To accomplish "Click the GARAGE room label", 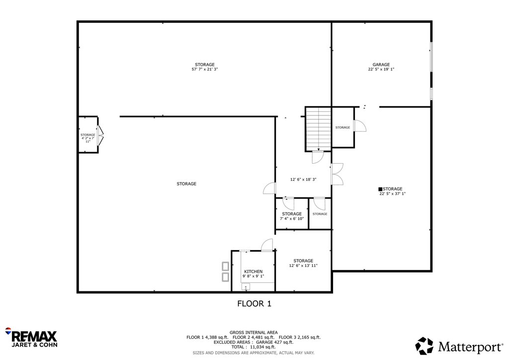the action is [381, 65].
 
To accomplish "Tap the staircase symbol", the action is [319, 129].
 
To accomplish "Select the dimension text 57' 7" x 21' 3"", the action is [204, 69].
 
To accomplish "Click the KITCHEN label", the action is [253, 271].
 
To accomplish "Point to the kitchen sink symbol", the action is [246, 286].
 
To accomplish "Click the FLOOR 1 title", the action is [254, 303].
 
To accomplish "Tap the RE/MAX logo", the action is [31, 338].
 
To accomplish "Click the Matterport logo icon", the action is [424, 346].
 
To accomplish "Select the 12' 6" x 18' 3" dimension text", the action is [303, 179].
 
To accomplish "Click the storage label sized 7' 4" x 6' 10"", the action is [292, 214].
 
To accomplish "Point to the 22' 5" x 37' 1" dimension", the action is [393, 194].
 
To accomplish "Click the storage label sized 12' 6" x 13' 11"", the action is [303, 261].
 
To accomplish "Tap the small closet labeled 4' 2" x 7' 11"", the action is [88, 134].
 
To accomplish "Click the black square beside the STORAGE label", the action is [380, 189].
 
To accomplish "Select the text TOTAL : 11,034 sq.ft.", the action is [254, 347].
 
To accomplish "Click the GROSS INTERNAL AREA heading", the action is [254, 333].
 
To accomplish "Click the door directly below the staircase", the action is [318, 157].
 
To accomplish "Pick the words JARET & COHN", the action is [34, 345].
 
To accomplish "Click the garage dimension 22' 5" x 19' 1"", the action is [381, 69].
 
